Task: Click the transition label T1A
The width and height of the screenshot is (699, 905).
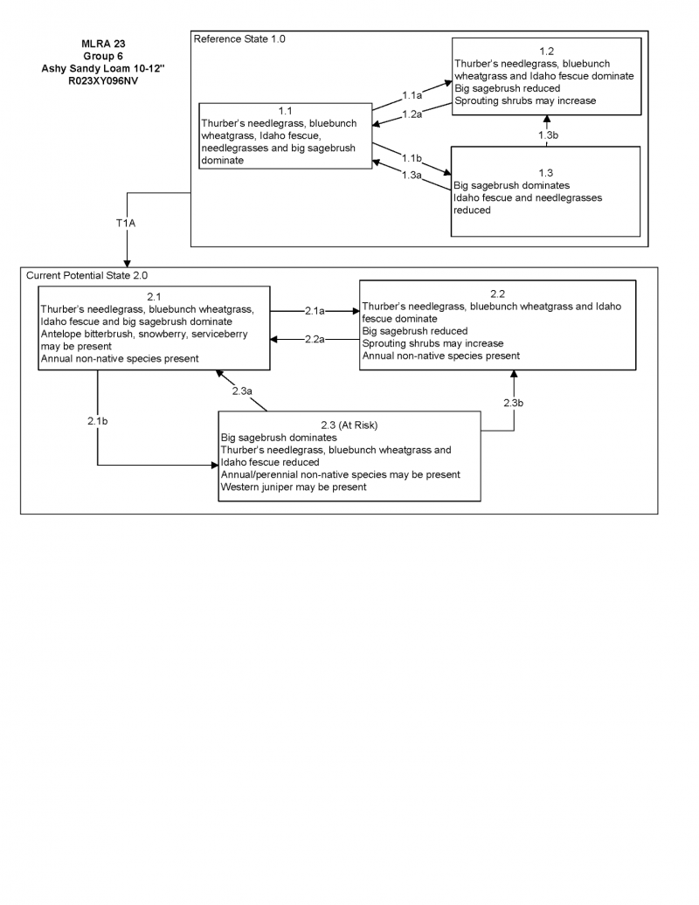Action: [x=126, y=224]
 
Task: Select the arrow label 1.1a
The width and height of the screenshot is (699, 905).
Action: [x=412, y=94]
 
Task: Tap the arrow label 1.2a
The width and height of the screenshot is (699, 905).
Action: [x=412, y=114]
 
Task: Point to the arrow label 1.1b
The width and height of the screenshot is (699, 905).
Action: [x=412, y=158]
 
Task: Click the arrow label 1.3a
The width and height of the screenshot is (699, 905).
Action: [x=412, y=175]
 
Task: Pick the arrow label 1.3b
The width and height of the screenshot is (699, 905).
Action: [x=548, y=135]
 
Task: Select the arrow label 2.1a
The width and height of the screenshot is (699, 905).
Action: [x=315, y=310]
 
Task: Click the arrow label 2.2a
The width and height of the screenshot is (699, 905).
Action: [x=315, y=340]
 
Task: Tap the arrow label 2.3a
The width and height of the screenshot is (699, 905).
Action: [x=242, y=391]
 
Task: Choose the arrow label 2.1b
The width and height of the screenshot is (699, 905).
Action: [x=98, y=420]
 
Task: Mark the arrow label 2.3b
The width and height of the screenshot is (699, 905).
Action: [x=514, y=403]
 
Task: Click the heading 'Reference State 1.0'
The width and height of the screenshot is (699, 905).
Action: [x=239, y=39]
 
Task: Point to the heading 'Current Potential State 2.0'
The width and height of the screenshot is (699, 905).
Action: [x=87, y=275]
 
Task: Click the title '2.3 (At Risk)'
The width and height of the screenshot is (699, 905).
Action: [x=349, y=425]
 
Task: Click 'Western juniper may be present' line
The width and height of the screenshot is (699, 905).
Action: [x=294, y=487]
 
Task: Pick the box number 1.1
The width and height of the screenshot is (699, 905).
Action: [x=285, y=111]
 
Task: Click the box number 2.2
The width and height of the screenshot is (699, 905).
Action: [x=498, y=294]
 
